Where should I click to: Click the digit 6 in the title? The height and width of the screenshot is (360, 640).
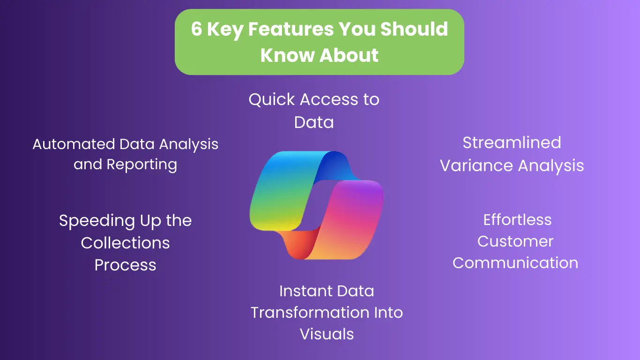(x=197, y=30)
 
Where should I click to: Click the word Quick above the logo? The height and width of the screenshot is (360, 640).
(x=272, y=99)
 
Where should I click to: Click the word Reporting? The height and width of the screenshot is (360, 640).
(x=142, y=165)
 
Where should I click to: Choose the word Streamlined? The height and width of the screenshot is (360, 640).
(x=512, y=142)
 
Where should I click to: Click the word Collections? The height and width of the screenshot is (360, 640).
(x=125, y=243)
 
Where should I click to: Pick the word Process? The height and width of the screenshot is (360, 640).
(x=125, y=265)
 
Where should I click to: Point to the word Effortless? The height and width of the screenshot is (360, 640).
(x=517, y=219)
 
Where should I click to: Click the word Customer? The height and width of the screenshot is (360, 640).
(x=515, y=241)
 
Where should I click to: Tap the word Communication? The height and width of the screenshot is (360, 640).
(x=515, y=263)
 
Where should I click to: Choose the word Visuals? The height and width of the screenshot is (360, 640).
(x=327, y=334)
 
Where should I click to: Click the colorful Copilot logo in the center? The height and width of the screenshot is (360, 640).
(x=317, y=205)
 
